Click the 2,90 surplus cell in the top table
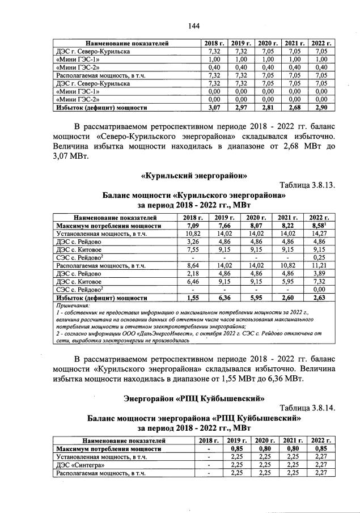[321, 107]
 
